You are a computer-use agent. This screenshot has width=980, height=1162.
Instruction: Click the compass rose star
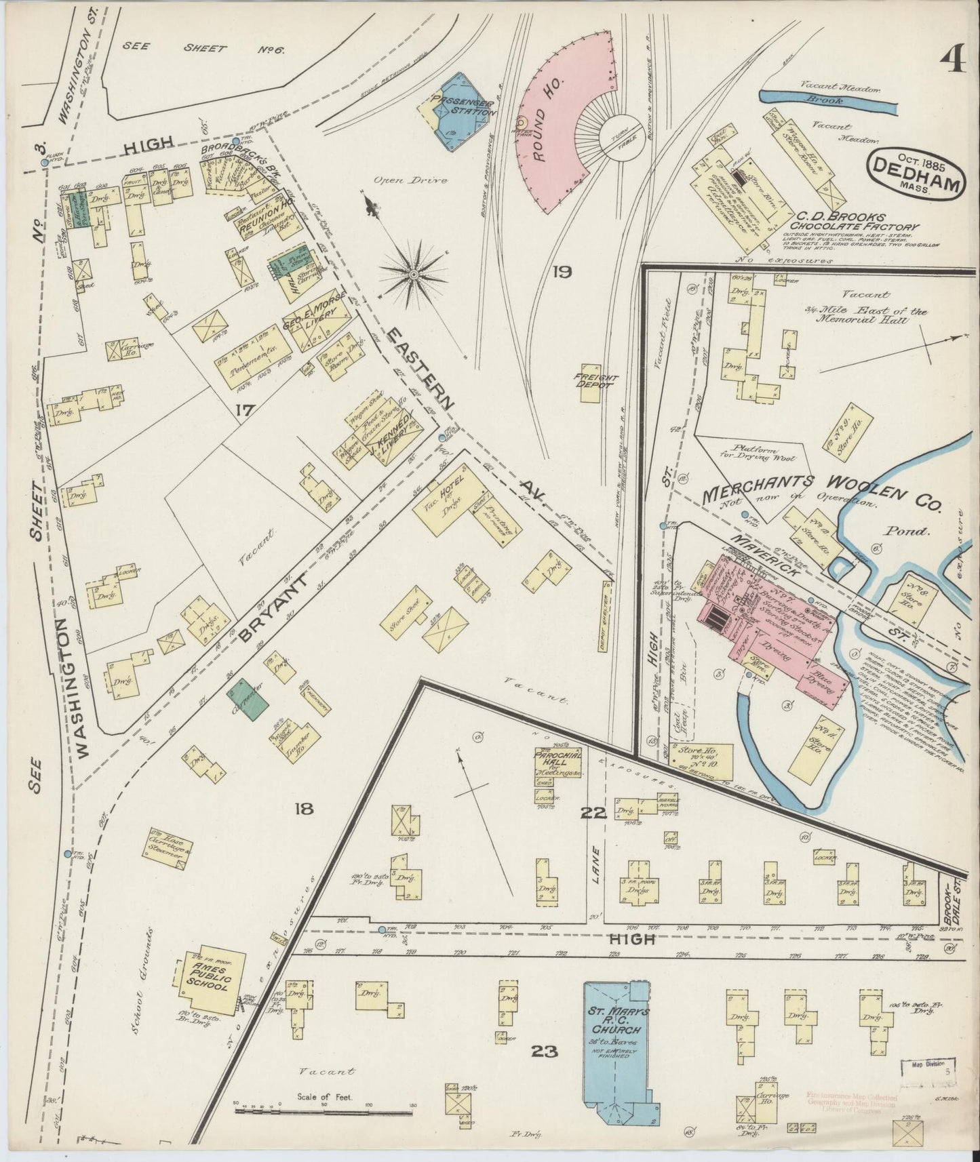click(x=412, y=273)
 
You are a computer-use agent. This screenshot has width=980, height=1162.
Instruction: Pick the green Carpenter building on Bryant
click(x=248, y=698)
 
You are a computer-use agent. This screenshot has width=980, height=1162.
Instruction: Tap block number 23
click(x=545, y=1052)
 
